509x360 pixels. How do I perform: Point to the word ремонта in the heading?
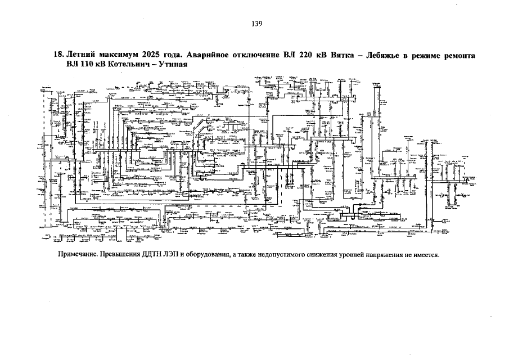coord(457,56)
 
